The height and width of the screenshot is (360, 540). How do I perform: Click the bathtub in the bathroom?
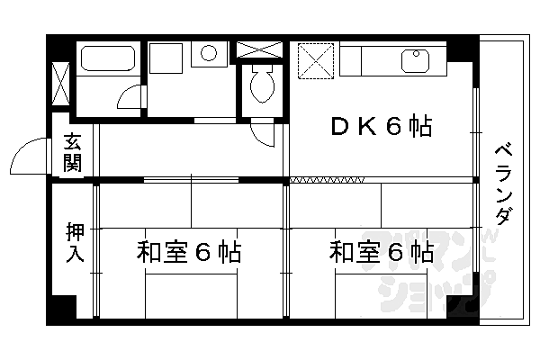point(107,58)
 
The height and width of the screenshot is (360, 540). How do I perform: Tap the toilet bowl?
point(263,85)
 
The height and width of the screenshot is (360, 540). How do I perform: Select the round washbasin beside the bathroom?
point(209,53)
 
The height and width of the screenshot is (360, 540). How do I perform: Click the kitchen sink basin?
point(415,61)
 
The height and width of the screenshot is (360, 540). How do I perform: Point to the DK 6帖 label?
point(382,126)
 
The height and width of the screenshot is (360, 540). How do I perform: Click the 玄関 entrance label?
point(73,152)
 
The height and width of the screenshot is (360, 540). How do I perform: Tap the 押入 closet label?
point(75,242)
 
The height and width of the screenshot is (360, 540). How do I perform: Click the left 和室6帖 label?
point(188,252)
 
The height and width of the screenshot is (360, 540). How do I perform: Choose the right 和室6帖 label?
point(382,252)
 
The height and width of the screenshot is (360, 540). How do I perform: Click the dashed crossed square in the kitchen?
point(316,61)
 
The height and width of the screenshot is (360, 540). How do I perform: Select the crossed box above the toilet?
point(260,49)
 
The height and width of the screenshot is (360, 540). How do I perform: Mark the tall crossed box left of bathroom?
point(60,84)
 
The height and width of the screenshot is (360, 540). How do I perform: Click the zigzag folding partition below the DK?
point(327,180)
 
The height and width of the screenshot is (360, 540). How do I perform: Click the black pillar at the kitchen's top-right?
point(463,51)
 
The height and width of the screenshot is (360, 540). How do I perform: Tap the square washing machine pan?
point(166,58)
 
